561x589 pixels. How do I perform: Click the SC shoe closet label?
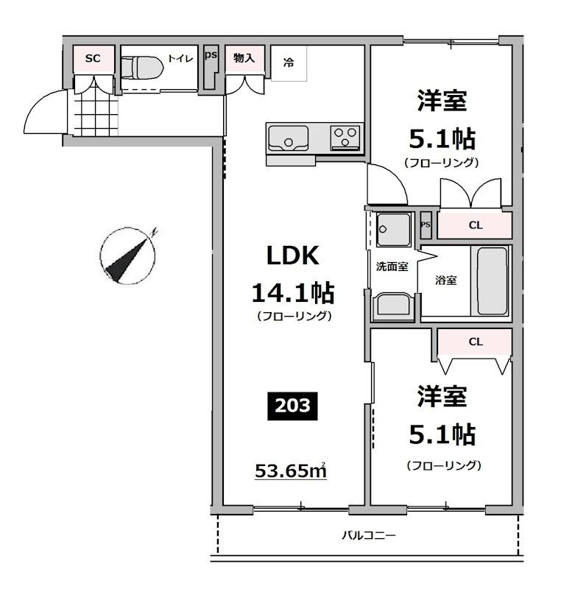pos(92,58)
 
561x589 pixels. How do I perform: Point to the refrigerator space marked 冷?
pos(289,63)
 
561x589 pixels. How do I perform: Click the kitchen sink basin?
pos(288,138)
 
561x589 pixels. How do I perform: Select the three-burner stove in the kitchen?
pos(344,137)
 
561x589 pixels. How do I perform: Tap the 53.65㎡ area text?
pos(290,470)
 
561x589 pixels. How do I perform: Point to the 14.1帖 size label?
pos(293,293)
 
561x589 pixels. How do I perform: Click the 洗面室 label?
pos(392,267)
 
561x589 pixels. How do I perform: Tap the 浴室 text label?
pos(445,280)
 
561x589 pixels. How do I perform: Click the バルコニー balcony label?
pos(368,536)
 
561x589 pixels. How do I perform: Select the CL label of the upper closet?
pos(475,225)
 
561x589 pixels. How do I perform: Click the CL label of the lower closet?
pos(475,342)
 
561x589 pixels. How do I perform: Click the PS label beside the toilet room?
pos(211,55)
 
